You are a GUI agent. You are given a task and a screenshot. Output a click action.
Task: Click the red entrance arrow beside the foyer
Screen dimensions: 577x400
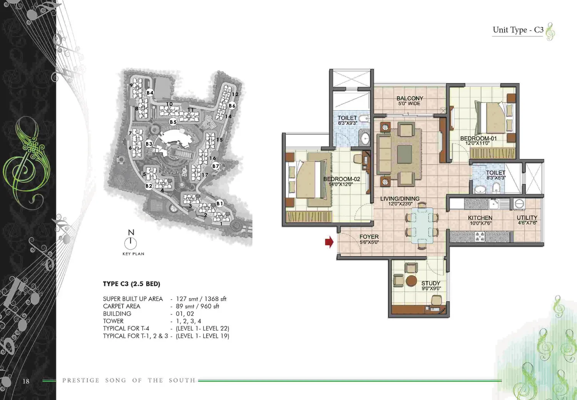(329, 242)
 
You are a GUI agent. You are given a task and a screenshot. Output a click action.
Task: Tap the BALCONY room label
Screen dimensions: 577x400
(410, 98)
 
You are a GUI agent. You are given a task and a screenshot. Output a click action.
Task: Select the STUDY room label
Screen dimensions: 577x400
(431, 283)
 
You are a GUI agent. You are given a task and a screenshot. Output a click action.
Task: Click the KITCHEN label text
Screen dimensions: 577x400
(480, 218)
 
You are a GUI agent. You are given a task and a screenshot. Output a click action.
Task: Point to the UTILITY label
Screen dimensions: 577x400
(527, 218)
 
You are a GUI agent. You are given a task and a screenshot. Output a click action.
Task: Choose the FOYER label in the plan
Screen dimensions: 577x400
(369, 237)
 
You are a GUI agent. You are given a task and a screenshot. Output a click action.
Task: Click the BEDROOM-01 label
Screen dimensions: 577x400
(479, 138)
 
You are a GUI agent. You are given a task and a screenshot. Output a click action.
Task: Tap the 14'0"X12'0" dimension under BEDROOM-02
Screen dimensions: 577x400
(340, 184)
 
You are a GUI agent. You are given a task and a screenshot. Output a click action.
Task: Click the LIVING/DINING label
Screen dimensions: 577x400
(400, 199)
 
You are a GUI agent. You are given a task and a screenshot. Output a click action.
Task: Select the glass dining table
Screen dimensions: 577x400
(422, 226)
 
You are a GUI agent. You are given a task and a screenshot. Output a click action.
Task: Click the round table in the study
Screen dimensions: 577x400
(411, 281)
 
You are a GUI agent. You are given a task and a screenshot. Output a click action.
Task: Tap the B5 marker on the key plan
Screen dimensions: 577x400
(173, 122)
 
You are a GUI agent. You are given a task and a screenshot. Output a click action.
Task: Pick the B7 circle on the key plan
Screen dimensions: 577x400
(215, 166)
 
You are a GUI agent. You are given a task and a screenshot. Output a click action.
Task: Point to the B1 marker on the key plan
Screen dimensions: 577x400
(220, 204)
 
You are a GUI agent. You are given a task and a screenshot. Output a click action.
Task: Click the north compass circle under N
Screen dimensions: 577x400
(131, 243)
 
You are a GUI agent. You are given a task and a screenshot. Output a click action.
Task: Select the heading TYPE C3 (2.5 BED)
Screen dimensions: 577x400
(132, 284)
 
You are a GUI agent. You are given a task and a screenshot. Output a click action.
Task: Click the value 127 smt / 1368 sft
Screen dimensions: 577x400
(201, 299)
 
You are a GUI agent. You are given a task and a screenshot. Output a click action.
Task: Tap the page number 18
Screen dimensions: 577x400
(26, 381)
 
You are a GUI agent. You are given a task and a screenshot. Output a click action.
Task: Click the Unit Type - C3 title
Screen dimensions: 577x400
(518, 30)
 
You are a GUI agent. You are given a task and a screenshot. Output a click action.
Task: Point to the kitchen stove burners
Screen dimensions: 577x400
(480, 237)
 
